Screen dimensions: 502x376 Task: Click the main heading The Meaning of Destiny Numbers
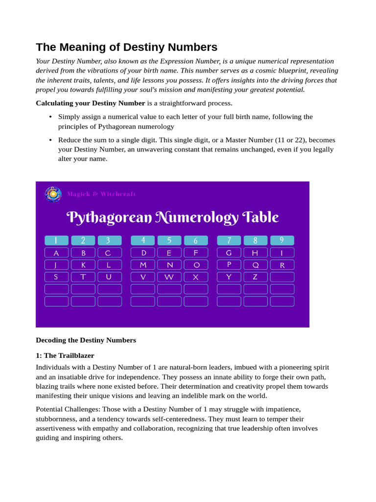tap(126, 47)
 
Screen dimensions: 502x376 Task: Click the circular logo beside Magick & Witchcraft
tap(53, 194)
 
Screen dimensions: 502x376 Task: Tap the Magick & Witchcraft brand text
tap(101, 194)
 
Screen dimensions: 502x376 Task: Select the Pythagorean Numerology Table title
tap(172, 217)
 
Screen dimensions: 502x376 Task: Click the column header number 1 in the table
tap(56, 240)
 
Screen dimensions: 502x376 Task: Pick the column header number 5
tap(169, 240)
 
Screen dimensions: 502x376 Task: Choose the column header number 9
tap(282, 240)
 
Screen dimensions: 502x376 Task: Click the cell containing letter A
tap(56, 253)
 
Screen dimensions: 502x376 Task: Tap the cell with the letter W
tap(169, 277)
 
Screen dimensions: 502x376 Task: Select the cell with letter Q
tap(256, 265)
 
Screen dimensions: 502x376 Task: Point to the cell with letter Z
tap(256, 277)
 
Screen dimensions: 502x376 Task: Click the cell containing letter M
tap(143, 265)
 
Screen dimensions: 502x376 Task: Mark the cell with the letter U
tap(109, 277)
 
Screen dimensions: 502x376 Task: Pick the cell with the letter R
tap(282, 265)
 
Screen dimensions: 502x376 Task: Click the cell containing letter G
tap(229, 253)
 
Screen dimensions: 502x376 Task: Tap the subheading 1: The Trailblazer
tap(65, 355)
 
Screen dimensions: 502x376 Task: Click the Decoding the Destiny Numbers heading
tap(86, 340)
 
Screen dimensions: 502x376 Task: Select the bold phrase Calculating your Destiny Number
tap(91, 103)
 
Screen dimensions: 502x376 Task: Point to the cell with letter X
tap(196, 277)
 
